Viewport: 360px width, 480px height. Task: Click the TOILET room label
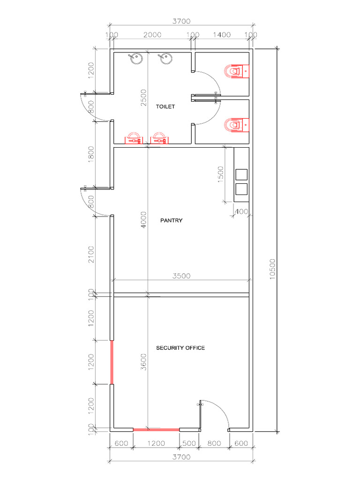[165, 106]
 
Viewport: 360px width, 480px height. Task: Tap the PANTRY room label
[171, 220]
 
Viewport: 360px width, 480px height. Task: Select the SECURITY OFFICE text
[180, 348]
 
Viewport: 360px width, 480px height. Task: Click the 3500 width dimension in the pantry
[181, 276]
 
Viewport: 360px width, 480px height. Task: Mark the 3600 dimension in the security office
[144, 361]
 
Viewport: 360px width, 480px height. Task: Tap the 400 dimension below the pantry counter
[241, 211]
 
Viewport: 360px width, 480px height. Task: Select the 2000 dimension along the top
[152, 35]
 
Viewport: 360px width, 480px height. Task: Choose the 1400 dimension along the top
[222, 35]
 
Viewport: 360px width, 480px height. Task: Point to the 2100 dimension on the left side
[91, 254]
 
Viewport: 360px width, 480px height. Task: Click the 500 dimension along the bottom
[189, 443]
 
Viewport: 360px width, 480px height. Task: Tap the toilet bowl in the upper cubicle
[236, 71]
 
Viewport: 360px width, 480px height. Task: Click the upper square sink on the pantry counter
[241, 174]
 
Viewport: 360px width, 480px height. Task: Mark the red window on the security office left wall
[112, 362]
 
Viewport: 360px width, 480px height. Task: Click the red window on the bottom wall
[156, 429]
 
